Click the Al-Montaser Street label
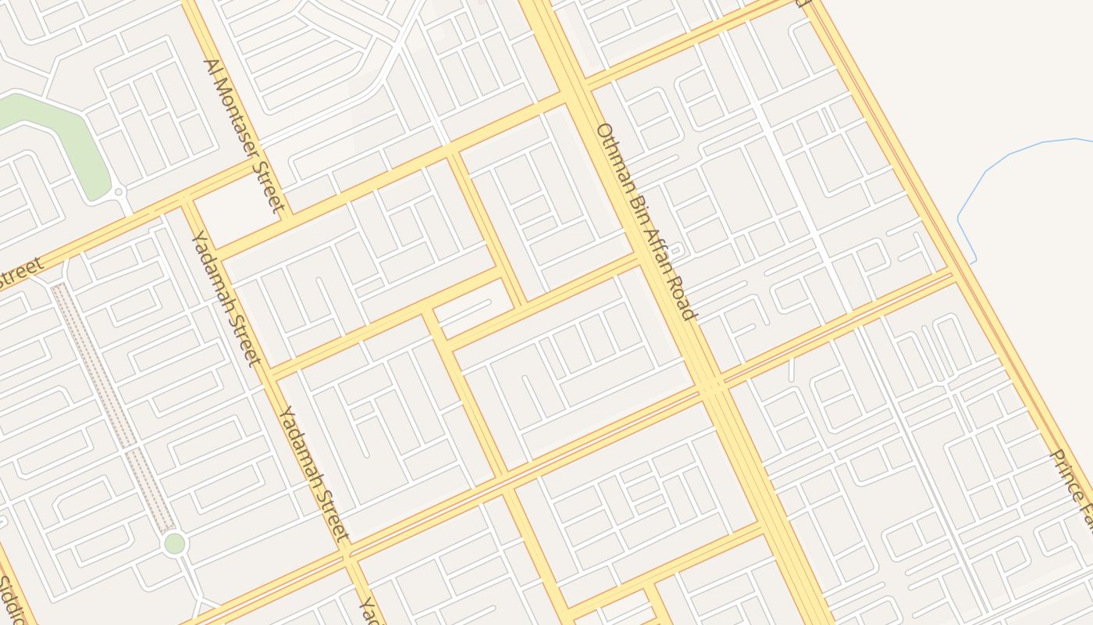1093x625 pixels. coord(243,136)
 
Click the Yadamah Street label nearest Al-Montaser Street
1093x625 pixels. coord(225,298)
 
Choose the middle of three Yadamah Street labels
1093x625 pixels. coord(313,473)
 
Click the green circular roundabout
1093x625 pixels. coord(175,543)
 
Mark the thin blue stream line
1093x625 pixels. coord(1015,148)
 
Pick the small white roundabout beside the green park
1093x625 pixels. coord(119,191)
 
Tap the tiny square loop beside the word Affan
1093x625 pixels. coord(677,251)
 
